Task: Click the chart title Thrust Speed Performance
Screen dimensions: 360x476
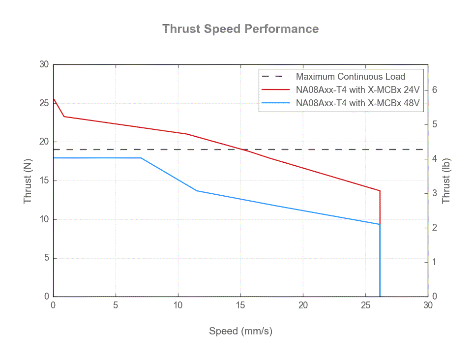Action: [x=240, y=29]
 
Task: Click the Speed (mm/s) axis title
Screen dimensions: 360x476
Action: [x=240, y=331]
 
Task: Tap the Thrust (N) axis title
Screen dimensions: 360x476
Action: [x=29, y=180]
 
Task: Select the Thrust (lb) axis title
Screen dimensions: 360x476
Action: [x=446, y=180]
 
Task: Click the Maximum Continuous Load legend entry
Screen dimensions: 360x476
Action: [x=350, y=77]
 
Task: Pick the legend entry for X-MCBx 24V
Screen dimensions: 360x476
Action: [x=357, y=90]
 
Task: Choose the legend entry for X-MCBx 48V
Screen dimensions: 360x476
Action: [x=357, y=104]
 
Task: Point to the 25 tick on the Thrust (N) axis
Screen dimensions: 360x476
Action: [x=44, y=103]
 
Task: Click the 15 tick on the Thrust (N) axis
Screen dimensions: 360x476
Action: [x=44, y=180]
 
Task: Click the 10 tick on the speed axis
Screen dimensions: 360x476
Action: [x=178, y=305]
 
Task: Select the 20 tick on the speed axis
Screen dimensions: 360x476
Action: [x=303, y=305]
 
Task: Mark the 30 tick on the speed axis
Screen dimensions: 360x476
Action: [x=428, y=305]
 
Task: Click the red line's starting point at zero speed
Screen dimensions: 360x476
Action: [x=54, y=99]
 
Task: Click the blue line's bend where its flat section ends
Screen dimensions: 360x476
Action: [x=141, y=158]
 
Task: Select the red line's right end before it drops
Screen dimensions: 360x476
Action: [x=380, y=191]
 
